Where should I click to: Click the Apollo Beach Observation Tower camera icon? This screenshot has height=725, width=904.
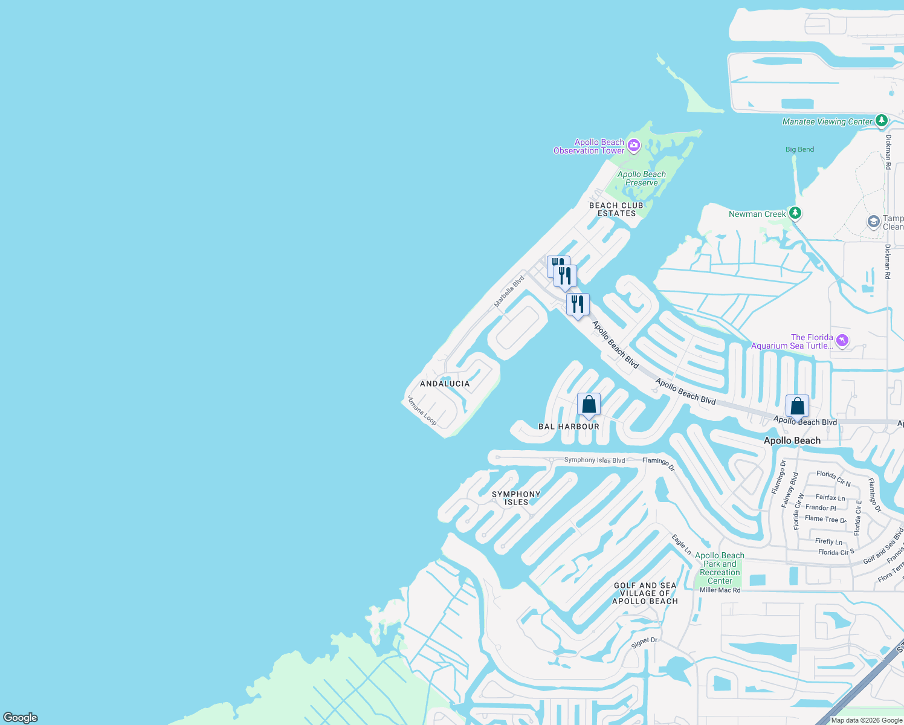[633, 145]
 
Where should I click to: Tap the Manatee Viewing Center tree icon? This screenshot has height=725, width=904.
[881, 121]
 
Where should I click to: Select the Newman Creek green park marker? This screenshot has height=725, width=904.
[795, 213]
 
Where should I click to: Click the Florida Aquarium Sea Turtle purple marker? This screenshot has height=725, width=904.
[842, 341]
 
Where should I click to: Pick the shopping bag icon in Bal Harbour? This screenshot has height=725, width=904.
[589, 405]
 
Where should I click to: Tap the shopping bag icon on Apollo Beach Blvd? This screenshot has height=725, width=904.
[797, 407]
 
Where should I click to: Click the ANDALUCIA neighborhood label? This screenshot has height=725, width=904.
[445, 384]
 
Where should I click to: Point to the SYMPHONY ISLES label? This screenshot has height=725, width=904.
[516, 498]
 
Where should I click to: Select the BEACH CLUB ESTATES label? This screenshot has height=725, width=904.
[616, 209]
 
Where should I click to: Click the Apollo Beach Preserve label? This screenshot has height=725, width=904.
[641, 178]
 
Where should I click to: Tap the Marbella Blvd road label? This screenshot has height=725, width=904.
[509, 291]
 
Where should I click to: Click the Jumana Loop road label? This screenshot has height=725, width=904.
[422, 411]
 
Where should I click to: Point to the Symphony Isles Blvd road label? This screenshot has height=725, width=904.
[595, 460]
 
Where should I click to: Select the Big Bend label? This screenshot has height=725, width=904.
[799, 149]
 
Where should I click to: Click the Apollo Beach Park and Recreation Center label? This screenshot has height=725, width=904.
[720, 568]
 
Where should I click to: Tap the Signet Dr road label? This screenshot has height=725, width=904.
[644, 643]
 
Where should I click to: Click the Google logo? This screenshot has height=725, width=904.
[21, 718]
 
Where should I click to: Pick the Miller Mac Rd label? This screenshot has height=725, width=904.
[720, 590]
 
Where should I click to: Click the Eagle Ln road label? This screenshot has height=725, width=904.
[681, 544]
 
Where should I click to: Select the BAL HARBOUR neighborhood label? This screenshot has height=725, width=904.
[569, 427]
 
